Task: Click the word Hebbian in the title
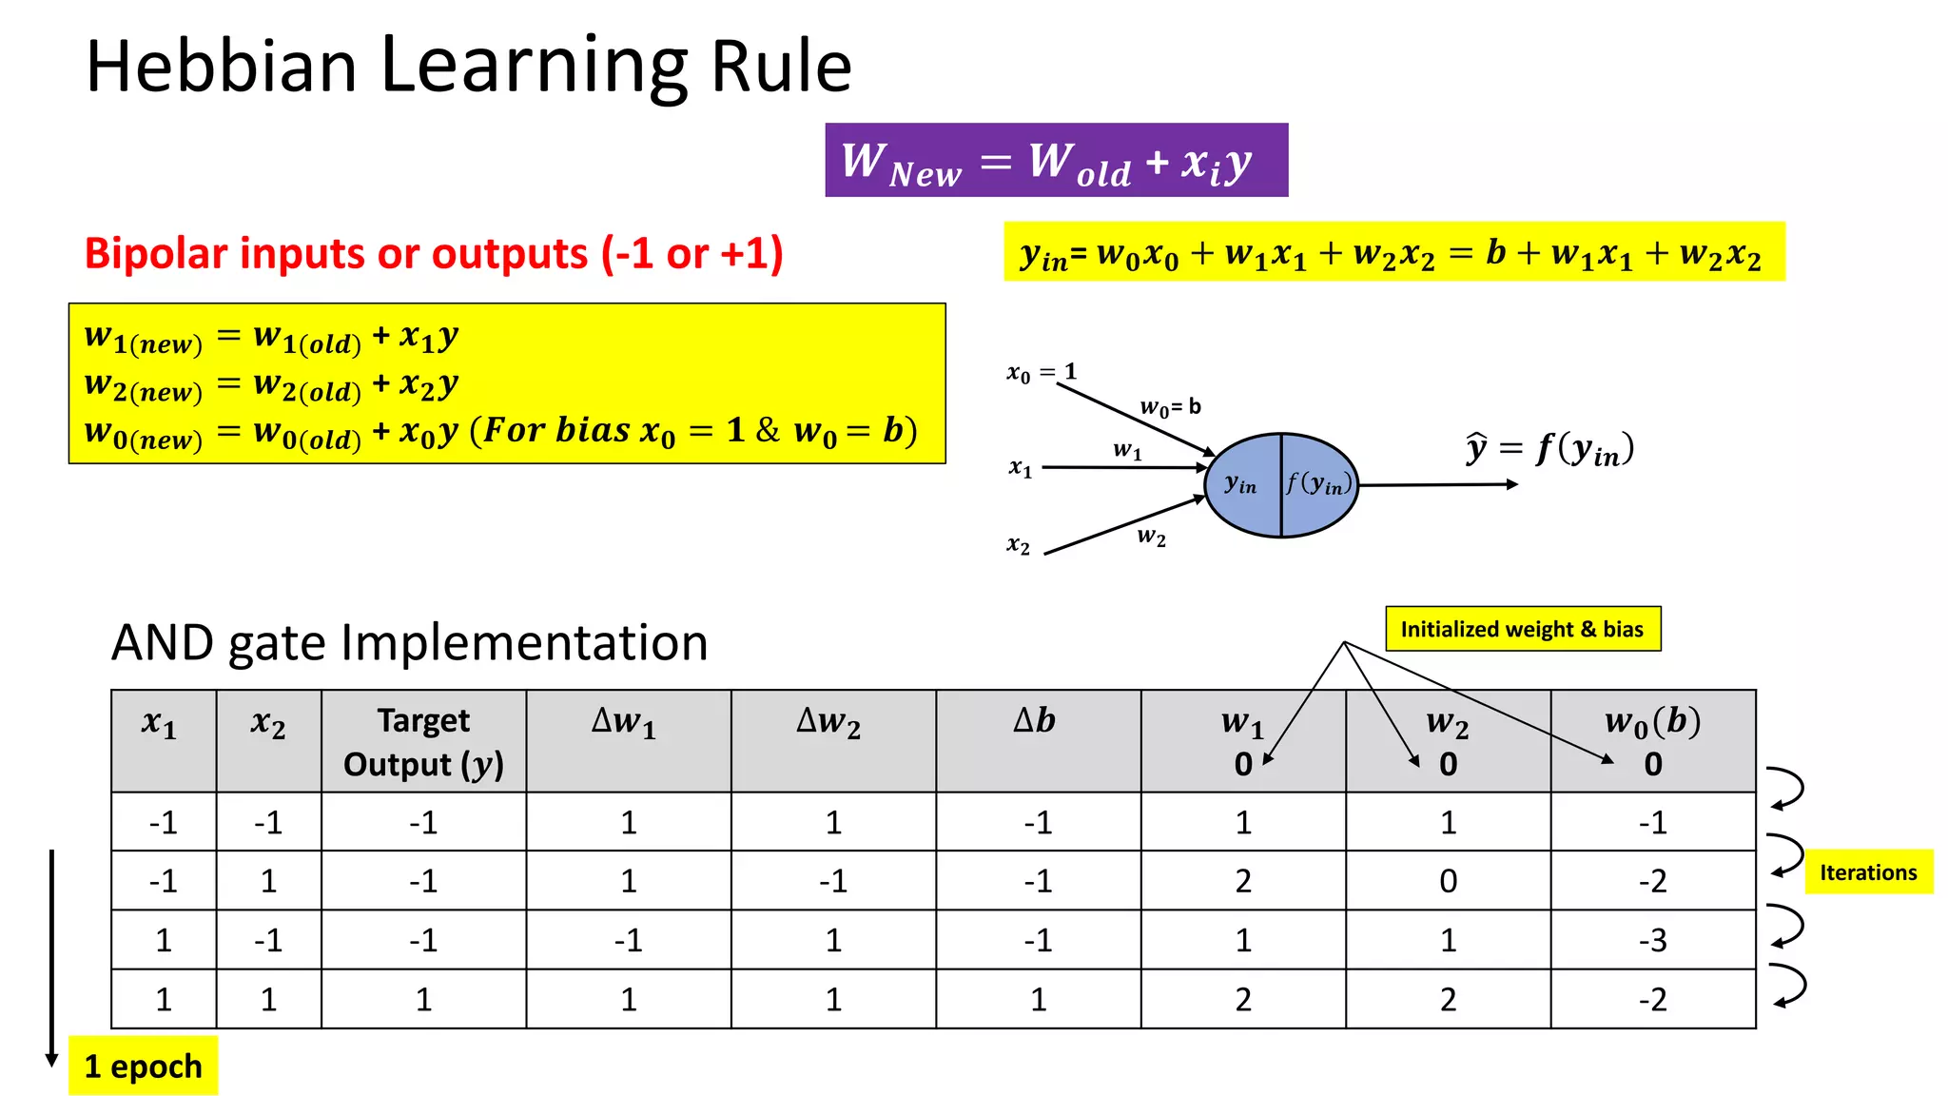pos(221,67)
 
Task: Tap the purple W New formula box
pos(1056,160)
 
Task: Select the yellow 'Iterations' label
pos(1868,871)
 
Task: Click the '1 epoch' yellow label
pos(143,1066)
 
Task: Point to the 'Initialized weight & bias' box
pos(1522,629)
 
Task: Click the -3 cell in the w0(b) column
pos(1652,940)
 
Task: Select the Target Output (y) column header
pos(423,741)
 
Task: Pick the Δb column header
pos(1037,721)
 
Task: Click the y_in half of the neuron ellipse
pos(1241,485)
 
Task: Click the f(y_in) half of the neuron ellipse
pos(1318,485)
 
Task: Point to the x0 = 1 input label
pos(1042,372)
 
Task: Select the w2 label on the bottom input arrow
pos(1151,537)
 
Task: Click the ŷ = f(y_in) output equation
pos(1549,449)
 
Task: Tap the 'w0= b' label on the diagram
pos(1171,407)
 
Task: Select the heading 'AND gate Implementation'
pos(409,643)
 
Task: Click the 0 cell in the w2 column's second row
pos(1447,881)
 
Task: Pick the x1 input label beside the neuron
pos(1020,467)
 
